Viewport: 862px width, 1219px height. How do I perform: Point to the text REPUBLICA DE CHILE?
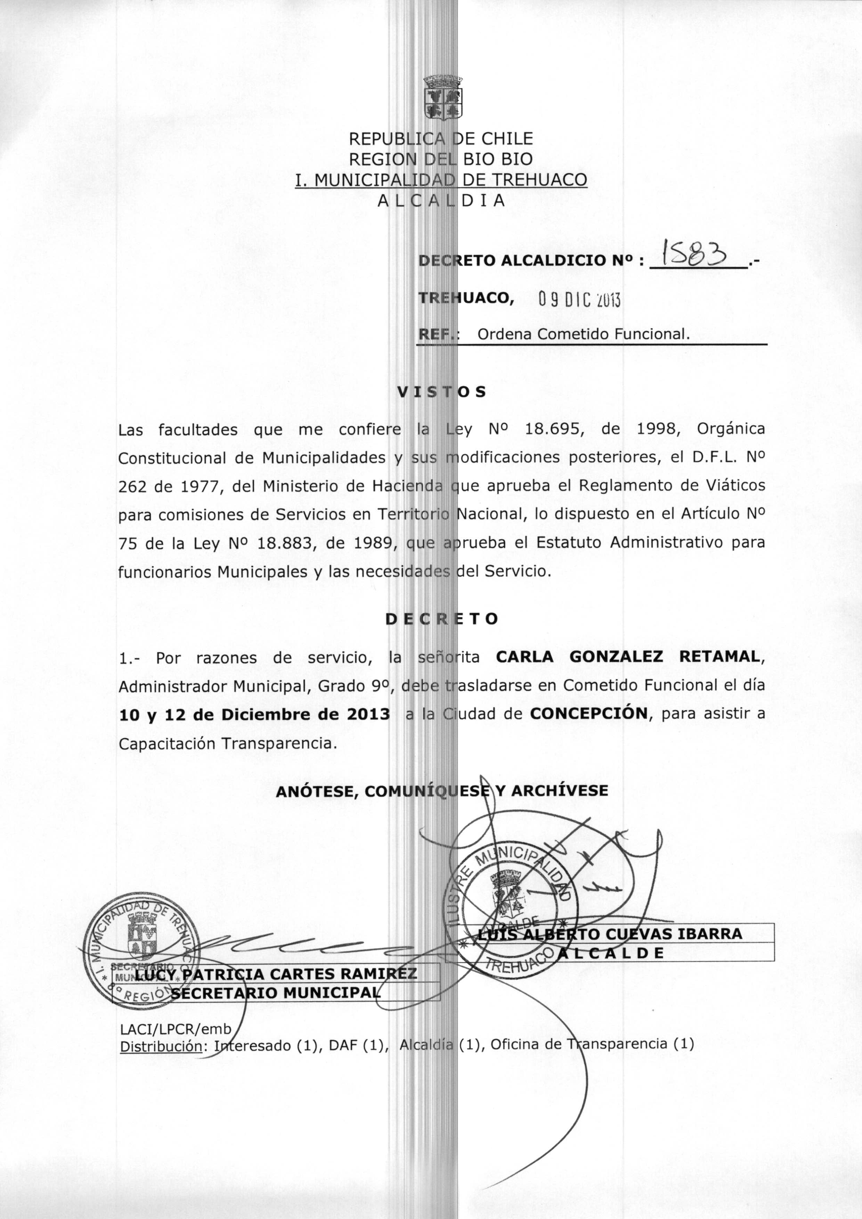(x=440, y=139)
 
